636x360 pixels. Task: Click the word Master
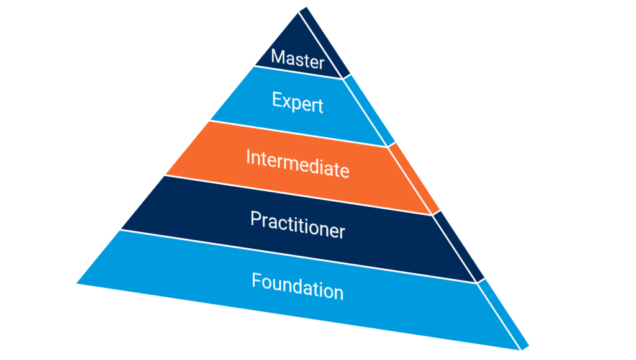(x=298, y=60)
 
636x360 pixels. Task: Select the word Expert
(x=298, y=101)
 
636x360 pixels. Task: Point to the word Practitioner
(x=298, y=224)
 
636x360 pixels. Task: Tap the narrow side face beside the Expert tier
(x=370, y=109)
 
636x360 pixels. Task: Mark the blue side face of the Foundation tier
(x=503, y=313)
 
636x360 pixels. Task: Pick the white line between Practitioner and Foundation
(x=298, y=254)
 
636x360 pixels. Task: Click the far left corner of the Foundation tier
(x=78, y=283)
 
